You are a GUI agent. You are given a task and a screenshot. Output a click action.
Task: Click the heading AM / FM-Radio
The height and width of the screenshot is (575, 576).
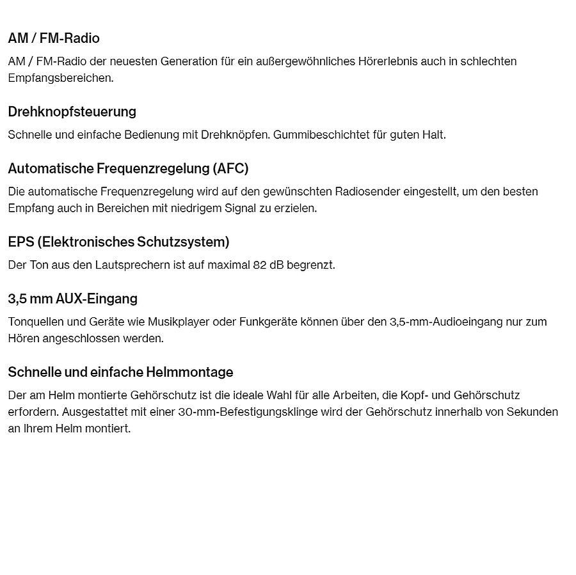click(54, 38)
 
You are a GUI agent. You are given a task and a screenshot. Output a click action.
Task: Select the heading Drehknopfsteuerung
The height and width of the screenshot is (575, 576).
click(72, 112)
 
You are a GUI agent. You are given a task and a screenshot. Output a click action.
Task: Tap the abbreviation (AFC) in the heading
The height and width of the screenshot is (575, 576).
click(231, 169)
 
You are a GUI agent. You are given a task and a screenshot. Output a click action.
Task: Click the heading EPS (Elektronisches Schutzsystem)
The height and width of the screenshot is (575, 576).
click(118, 242)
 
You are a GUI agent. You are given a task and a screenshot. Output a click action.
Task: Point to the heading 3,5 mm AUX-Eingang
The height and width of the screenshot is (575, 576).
click(72, 299)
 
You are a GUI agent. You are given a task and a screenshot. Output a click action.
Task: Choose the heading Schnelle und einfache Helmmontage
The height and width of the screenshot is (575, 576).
click(120, 372)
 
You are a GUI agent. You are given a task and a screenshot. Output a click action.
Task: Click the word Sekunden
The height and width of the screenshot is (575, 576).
click(532, 412)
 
